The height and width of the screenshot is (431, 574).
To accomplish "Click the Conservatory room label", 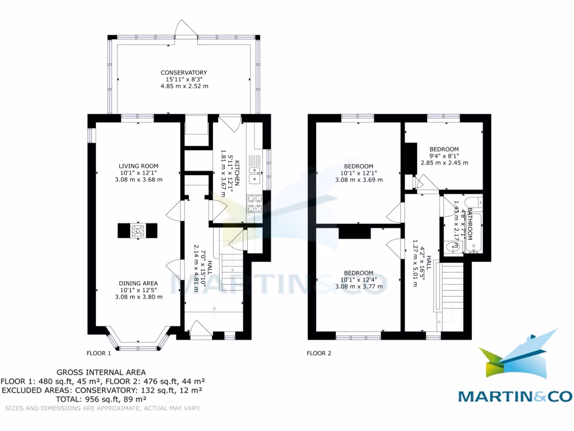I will pyautogui.click(x=184, y=73).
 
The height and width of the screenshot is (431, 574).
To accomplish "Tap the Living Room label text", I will pyautogui.click(x=138, y=166).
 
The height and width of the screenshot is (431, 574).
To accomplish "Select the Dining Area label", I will pyautogui.click(x=138, y=283).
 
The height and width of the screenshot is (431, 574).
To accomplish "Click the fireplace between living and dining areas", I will pyautogui.click(x=137, y=231).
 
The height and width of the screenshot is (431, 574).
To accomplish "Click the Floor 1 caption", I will pyautogui.click(x=99, y=354).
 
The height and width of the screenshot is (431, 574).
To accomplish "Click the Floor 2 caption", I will pyautogui.click(x=319, y=354).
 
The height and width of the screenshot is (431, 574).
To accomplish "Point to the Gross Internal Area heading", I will pyautogui.click(x=101, y=372).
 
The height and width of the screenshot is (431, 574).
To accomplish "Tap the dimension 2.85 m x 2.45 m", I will pyautogui.click(x=445, y=163).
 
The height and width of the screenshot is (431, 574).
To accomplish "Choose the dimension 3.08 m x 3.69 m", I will pyautogui.click(x=359, y=180).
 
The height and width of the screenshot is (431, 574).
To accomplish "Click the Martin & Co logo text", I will pyautogui.click(x=516, y=396).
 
